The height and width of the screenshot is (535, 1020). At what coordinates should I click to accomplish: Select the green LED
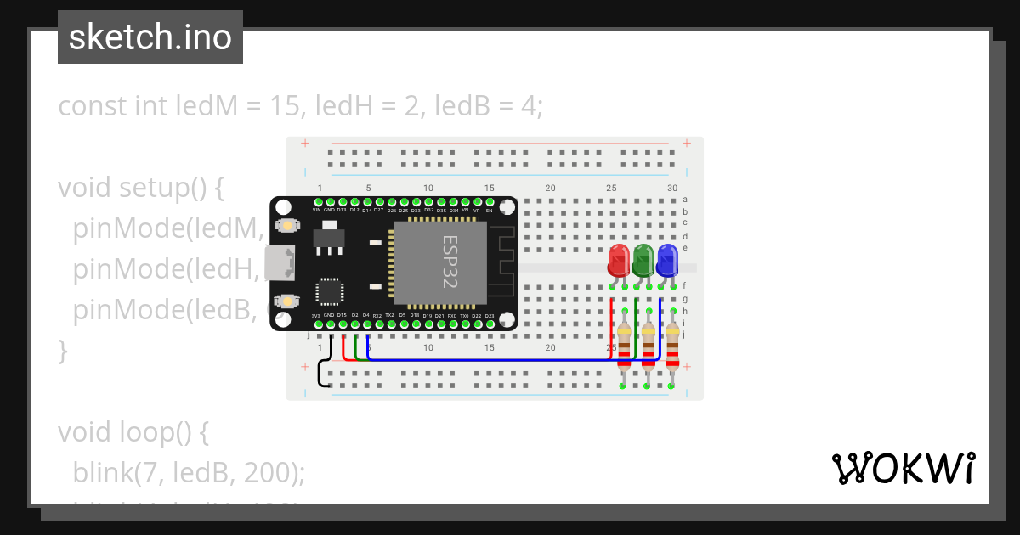click(643, 259)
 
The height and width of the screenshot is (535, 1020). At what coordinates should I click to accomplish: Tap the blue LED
click(667, 259)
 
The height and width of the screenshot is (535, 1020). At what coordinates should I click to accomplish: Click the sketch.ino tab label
click(150, 37)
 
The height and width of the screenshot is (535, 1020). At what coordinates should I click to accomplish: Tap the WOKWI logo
click(903, 468)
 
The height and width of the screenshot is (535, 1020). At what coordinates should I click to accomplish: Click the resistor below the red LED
click(625, 345)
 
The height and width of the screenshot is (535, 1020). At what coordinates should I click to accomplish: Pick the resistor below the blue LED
click(672, 345)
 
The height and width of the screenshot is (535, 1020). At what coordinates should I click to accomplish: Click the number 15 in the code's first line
click(286, 107)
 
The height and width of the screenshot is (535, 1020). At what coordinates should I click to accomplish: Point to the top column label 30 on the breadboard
click(672, 188)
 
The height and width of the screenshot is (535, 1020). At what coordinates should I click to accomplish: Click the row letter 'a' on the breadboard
click(685, 200)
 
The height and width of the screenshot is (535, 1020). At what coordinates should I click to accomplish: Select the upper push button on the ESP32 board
click(290, 226)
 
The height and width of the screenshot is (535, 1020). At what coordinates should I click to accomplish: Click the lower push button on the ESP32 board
click(290, 301)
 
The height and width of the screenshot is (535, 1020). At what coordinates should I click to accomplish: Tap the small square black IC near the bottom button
click(329, 291)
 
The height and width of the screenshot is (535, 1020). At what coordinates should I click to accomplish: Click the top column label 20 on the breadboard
click(550, 188)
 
